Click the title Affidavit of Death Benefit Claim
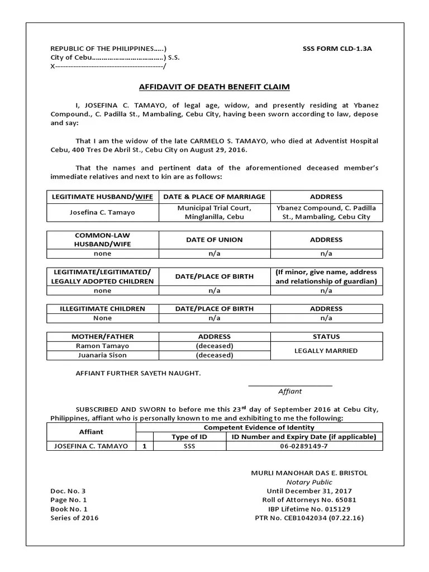pyautogui.click(x=214, y=87)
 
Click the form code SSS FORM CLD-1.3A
pyautogui.click(x=337, y=49)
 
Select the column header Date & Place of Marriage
pyautogui.click(x=214, y=197)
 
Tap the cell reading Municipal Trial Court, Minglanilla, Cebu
pyautogui.click(x=214, y=212)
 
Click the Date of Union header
pyautogui.click(x=214, y=240)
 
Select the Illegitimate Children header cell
pyautogui.click(x=102, y=308)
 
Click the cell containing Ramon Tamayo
pyautogui.click(x=102, y=346)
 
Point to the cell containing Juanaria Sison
pyautogui.click(x=102, y=355)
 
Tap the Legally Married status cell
pyautogui.click(x=326, y=351)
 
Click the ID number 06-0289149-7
pyautogui.click(x=304, y=446)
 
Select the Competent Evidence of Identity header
pyautogui.click(x=259, y=427)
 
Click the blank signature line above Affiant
pyautogui.click(x=290, y=385)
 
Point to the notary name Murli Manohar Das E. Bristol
pyautogui.click(x=309, y=473)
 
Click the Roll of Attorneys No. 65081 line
pyautogui.click(x=309, y=500)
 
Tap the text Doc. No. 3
pyautogui.click(x=68, y=491)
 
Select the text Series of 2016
pyautogui.click(x=74, y=518)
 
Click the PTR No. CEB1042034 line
pyautogui.click(x=309, y=518)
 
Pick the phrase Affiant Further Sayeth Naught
pyautogui.click(x=137, y=373)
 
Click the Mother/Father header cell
pyautogui.click(x=102, y=337)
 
